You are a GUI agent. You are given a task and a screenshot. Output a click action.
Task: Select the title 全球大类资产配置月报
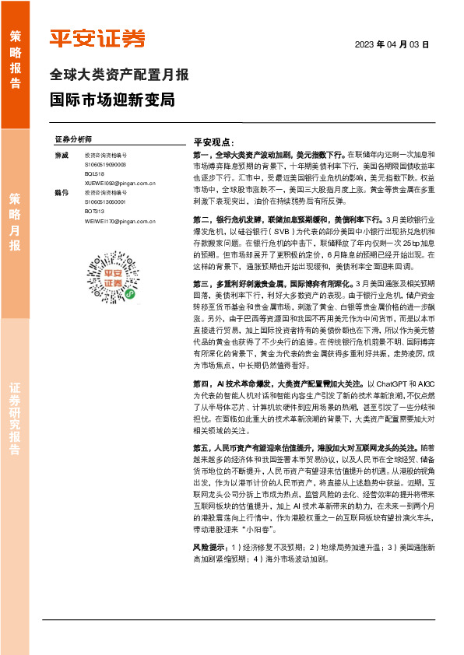(118, 75)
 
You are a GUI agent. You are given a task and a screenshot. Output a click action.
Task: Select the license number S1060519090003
(105, 165)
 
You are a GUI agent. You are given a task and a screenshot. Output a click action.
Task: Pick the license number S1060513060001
(105, 201)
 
